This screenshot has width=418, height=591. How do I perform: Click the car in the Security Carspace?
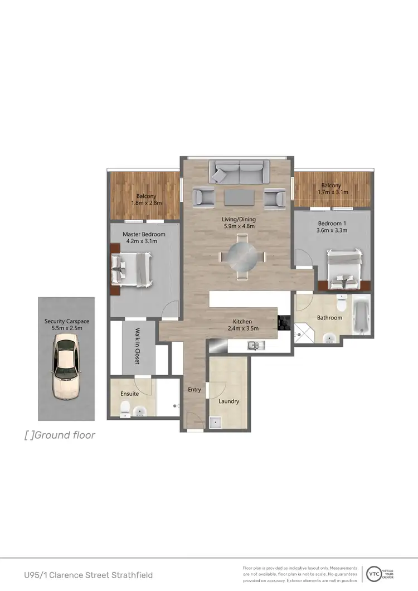point(66,369)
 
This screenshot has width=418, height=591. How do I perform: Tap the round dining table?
point(242,257)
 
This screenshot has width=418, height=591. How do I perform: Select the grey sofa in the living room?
point(236,171)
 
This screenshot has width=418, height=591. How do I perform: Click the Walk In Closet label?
point(137,346)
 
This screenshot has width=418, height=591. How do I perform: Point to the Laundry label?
point(229,401)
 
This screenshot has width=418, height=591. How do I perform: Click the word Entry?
point(194,390)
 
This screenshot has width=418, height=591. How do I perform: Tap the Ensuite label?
point(129,394)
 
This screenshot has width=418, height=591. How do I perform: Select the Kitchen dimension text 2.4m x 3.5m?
point(243,330)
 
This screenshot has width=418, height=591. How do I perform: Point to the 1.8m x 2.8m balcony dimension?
point(145,203)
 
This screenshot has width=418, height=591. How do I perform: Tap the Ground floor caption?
point(60,435)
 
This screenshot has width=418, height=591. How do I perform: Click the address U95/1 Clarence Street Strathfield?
point(88,574)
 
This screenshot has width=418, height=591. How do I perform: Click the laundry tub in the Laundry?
point(215,423)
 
